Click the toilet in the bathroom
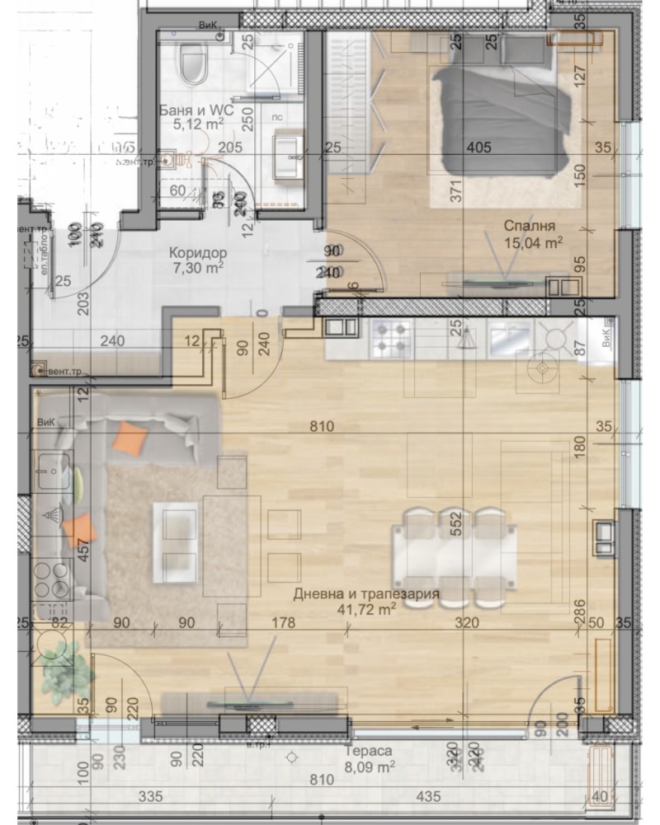click(194, 64)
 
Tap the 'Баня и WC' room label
click(197, 110)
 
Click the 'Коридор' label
click(198, 252)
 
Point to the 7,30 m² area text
click(198, 268)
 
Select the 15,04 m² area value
click(533, 241)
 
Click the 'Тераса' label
click(368, 752)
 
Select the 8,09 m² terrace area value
click(368, 767)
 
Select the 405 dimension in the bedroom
click(478, 148)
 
